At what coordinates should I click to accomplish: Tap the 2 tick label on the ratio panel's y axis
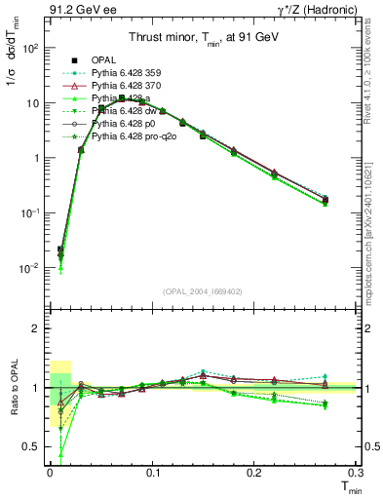click(35, 328)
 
